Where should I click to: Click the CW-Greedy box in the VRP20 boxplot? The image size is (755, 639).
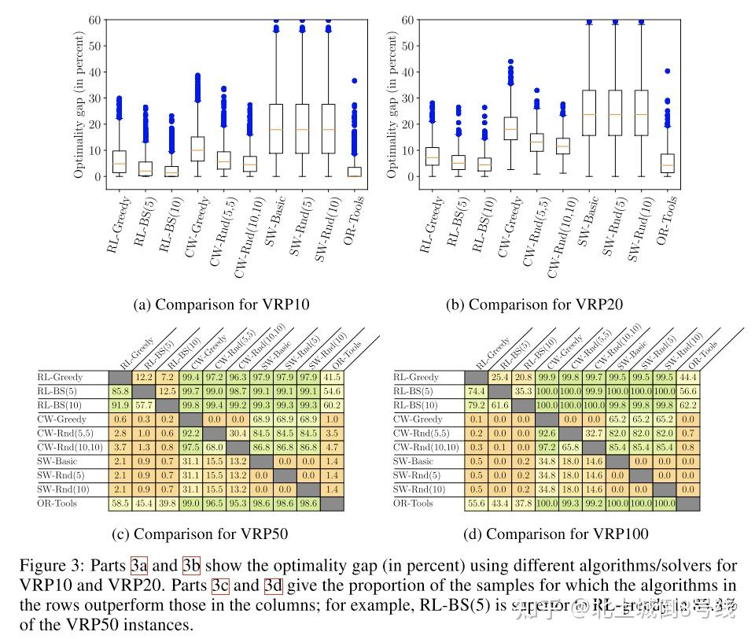coord(510,128)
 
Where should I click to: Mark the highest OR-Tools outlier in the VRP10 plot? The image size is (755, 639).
coord(355,80)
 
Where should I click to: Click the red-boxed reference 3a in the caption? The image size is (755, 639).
coord(139,566)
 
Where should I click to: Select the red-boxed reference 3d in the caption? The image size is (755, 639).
coord(273,585)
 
